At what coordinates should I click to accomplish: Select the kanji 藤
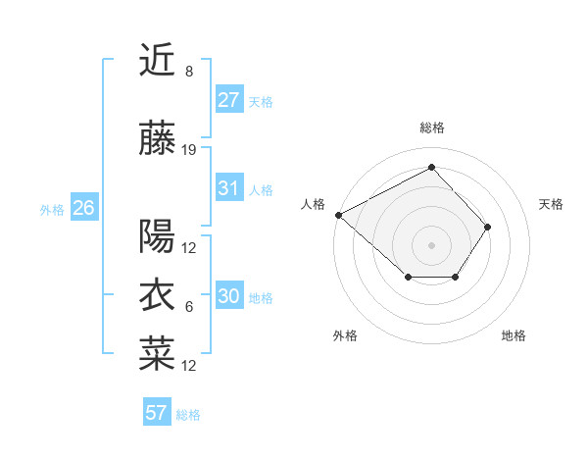click(157, 140)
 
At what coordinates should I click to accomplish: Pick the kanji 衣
click(157, 294)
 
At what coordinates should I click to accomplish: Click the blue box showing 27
click(229, 100)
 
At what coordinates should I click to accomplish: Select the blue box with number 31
click(229, 188)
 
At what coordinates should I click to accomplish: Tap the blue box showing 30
click(229, 296)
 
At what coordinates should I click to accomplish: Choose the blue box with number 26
click(83, 208)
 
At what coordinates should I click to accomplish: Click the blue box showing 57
click(156, 413)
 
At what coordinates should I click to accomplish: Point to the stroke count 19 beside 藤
click(189, 149)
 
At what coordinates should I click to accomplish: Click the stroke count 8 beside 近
click(188, 71)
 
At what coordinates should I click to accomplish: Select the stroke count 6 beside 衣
click(188, 306)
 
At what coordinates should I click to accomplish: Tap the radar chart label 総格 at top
click(431, 128)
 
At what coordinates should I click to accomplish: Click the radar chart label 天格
click(552, 204)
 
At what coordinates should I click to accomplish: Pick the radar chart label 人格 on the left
click(314, 204)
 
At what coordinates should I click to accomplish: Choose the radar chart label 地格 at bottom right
click(514, 336)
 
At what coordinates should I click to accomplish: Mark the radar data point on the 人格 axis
click(338, 215)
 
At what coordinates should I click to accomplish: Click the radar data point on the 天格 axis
click(488, 227)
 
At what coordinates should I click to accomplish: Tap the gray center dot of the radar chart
click(431, 244)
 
